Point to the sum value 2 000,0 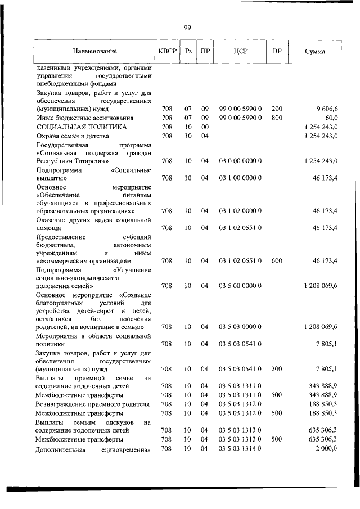(x=326, y=448)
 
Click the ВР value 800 (x=277, y=118)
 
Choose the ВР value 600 (x=277, y=261)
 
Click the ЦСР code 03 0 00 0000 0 (x=240, y=161)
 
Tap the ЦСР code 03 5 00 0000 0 (x=240, y=286)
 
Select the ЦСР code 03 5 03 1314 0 (x=240, y=448)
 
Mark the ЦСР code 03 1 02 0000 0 (x=240, y=211)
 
